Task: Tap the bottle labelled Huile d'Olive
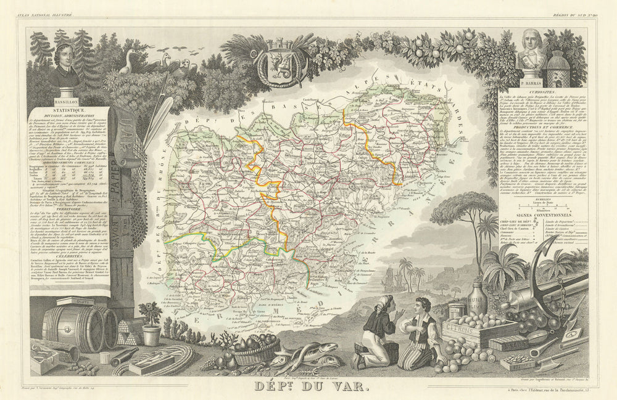click(476, 300)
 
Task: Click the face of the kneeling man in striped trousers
click(424, 306)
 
